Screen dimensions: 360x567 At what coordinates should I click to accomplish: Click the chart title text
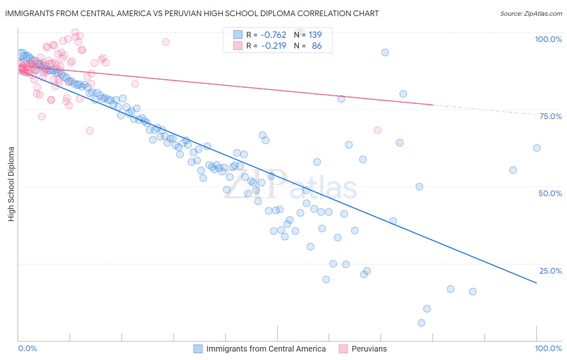pos(192,13)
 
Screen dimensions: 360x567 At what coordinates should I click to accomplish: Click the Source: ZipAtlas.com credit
pos(531,13)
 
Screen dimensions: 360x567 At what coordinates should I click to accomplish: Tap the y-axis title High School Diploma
pos(11,184)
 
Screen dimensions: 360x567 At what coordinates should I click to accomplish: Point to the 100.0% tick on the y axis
pos(548,39)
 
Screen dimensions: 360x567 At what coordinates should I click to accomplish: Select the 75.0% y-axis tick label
pos(550,116)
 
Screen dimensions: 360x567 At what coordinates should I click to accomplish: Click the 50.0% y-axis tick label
pos(550,193)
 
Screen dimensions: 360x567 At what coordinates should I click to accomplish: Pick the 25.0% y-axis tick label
pos(550,271)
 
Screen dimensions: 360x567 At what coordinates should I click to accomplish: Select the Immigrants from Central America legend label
pos(266,349)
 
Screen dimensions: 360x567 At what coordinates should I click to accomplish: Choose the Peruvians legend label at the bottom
pos(369,349)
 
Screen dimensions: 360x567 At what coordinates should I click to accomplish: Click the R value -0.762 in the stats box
pos(273,35)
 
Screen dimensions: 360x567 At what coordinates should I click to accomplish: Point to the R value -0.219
pos(273,46)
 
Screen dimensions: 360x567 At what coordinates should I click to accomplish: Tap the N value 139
pos(315,35)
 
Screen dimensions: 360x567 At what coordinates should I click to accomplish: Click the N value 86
pos(317,46)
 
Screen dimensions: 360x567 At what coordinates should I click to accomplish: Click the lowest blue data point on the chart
pos(421,323)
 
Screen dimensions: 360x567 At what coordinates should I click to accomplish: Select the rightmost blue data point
pos(537,148)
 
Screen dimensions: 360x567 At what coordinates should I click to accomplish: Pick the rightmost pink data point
pos(377,130)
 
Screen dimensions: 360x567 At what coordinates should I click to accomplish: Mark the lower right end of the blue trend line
pos(536,283)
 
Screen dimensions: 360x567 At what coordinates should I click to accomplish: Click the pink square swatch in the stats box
pos(238,46)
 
